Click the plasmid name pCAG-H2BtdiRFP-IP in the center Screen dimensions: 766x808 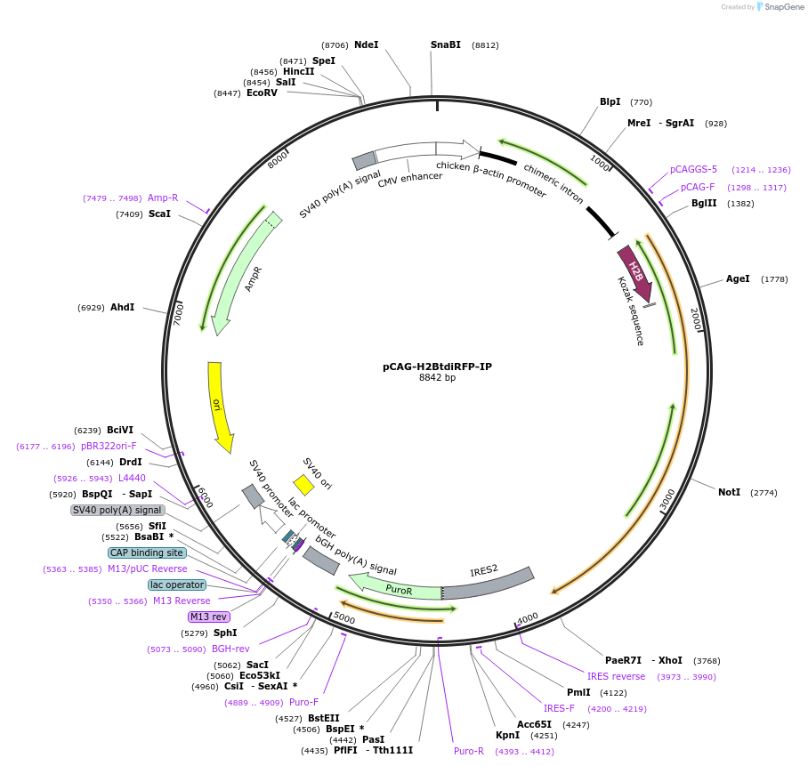[437, 366]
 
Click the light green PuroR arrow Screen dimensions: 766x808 [396, 586]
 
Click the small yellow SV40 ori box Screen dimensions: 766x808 [303, 484]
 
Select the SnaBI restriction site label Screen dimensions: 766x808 [446, 44]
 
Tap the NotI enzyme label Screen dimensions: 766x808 [729, 492]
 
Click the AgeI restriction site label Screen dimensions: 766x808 [738, 279]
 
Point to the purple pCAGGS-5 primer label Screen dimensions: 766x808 [693, 169]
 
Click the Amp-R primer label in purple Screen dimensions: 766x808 [163, 198]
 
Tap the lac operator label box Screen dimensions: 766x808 [177, 585]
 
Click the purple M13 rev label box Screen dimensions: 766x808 [208, 617]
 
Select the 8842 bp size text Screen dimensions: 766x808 [437, 378]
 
